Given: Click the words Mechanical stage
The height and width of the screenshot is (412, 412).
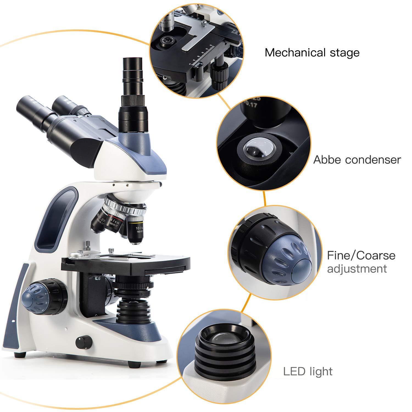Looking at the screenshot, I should tap(312, 52).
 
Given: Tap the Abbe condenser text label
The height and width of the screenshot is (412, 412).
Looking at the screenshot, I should tap(357, 160).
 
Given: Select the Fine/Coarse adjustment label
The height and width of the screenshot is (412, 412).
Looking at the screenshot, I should tap(361, 262).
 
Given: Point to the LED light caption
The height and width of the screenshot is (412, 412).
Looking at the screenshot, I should tap(308, 372).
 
